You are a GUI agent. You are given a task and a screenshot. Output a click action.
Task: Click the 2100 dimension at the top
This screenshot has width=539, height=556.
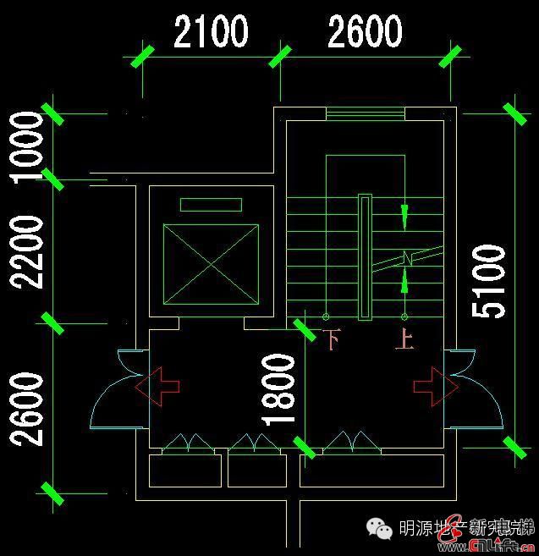(x=211, y=32)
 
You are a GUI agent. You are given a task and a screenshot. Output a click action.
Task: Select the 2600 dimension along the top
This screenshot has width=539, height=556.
(x=364, y=32)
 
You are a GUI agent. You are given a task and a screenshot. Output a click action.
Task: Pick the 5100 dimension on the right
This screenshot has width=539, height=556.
(x=490, y=281)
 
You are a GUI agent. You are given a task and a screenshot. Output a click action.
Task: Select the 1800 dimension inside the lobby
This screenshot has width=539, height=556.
(x=280, y=388)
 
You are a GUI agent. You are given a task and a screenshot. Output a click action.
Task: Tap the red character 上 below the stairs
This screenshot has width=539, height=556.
(x=404, y=340)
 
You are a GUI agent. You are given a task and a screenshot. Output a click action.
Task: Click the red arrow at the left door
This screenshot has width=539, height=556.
(x=157, y=386)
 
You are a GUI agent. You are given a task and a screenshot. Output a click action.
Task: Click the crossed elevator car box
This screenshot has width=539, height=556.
(x=211, y=265)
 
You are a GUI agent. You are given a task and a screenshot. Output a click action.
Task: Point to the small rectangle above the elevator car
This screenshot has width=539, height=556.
(x=211, y=204)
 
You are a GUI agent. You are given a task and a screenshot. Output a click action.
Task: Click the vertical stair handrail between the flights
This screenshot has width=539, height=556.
(x=365, y=257)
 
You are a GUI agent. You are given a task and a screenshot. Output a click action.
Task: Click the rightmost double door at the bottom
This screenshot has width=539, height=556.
(x=350, y=443)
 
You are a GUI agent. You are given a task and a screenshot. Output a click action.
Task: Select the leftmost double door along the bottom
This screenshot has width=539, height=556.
(x=186, y=443)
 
